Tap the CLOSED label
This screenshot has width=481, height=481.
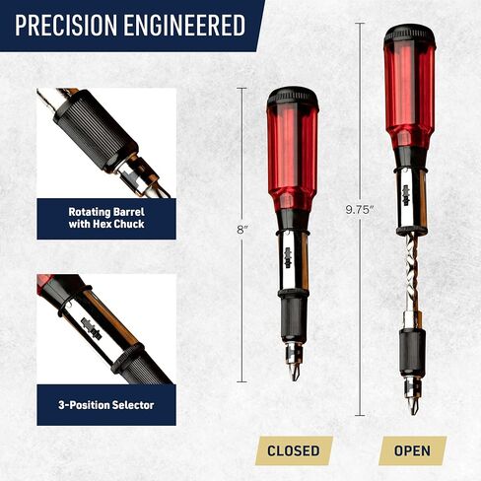[x=293, y=450]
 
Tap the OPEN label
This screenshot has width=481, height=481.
[x=412, y=450]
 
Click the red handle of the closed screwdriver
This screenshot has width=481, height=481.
[x=293, y=148]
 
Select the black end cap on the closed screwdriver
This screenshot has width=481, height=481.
[x=293, y=97]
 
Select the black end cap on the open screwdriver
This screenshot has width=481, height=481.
[x=409, y=34]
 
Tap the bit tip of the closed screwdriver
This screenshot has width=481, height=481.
[x=293, y=374]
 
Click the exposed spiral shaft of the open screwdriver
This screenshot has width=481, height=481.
[x=409, y=276]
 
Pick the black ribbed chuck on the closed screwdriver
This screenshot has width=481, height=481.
[x=293, y=320]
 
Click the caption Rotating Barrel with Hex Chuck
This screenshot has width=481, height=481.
[x=106, y=218]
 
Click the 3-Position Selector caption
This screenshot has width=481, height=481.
[x=106, y=404]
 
